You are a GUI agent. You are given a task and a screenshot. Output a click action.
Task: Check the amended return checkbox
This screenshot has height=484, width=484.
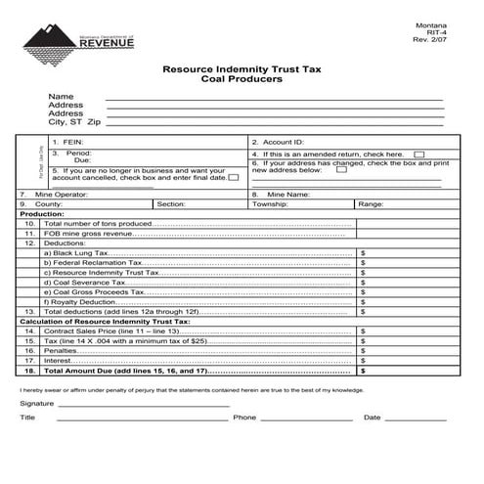pyautogui.click(x=418, y=154)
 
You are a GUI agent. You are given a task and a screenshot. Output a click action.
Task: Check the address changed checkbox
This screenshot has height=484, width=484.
pyautogui.click(x=341, y=169)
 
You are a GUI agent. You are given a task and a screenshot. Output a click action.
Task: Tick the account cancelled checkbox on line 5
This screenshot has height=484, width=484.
pyautogui.click(x=234, y=178)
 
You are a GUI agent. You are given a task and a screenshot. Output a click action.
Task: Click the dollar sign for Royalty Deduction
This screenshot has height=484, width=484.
pyautogui.click(x=363, y=301)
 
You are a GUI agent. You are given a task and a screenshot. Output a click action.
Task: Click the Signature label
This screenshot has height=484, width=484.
pyautogui.click(x=37, y=403)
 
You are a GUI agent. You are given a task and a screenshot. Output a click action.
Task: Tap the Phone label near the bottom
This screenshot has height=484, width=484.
pyautogui.click(x=244, y=418)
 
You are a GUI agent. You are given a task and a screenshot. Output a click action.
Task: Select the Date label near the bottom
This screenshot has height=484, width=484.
pyautogui.click(x=372, y=418)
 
